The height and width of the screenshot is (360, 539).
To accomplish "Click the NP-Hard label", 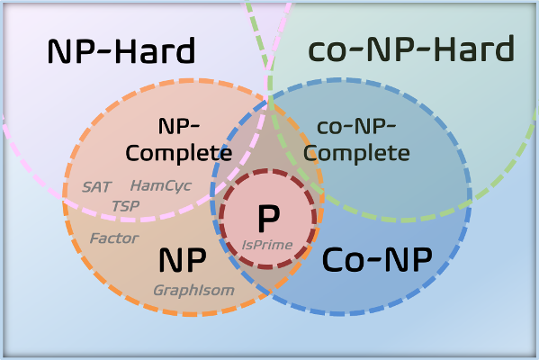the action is click(x=121, y=51).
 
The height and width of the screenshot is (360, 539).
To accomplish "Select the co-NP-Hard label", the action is click(x=411, y=49).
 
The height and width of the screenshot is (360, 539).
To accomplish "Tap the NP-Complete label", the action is click(x=179, y=139).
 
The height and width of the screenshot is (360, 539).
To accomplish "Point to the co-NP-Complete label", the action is click(x=356, y=140).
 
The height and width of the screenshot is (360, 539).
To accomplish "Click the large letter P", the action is click(x=268, y=219).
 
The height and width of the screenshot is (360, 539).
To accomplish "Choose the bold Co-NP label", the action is click(x=377, y=260).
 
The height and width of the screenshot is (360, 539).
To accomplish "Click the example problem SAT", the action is click(x=96, y=187).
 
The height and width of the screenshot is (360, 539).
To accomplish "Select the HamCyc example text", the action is click(x=161, y=186).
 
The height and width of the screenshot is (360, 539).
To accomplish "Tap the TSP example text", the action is click(x=125, y=206).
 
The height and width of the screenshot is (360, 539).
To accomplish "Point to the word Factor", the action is click(x=114, y=238).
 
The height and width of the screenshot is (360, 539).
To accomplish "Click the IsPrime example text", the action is click(x=267, y=245).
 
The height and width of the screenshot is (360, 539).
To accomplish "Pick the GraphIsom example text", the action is click(x=193, y=291).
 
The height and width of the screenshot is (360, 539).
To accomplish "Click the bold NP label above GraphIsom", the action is click(x=183, y=260).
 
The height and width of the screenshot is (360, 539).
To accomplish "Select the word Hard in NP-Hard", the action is click(x=155, y=51).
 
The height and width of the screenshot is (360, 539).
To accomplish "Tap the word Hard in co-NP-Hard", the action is click(x=474, y=49).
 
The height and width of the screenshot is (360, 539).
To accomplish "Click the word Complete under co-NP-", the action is click(x=356, y=154).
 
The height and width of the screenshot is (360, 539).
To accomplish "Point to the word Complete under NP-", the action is click(x=179, y=154).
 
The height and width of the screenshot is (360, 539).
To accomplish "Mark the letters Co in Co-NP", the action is click(x=341, y=260).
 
